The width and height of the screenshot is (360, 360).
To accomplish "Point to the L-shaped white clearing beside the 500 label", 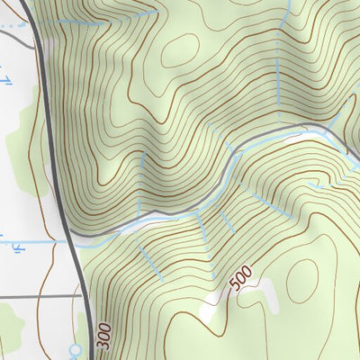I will point(261,290).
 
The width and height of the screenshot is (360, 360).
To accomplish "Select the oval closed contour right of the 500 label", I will point(304,281).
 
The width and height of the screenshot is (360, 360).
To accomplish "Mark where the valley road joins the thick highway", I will point(72,240).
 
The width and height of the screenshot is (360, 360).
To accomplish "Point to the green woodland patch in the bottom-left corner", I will point(9,324).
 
